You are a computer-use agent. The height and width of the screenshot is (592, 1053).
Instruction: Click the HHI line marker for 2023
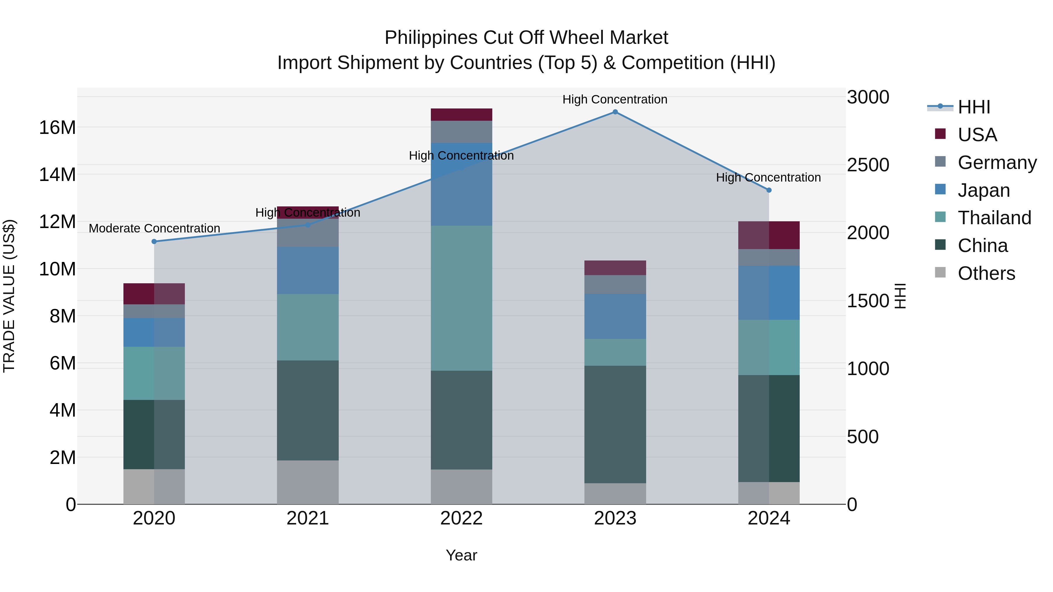(x=615, y=112)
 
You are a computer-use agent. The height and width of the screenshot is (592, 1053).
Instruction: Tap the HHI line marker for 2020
(x=154, y=241)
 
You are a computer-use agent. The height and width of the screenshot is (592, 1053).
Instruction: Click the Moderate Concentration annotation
(x=154, y=228)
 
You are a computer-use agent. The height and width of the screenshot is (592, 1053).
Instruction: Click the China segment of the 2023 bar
(x=615, y=424)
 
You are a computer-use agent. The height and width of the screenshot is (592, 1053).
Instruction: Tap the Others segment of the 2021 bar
(x=307, y=482)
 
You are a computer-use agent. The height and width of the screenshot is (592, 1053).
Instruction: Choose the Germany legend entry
(x=997, y=163)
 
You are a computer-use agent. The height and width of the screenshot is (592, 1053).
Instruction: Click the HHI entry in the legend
(x=974, y=107)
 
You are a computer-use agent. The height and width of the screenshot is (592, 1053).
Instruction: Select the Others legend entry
(x=986, y=273)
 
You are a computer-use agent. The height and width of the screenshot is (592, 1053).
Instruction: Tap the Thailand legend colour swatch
(x=940, y=217)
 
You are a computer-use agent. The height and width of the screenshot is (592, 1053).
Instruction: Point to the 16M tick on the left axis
(x=57, y=127)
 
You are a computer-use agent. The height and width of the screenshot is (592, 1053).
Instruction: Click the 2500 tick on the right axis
(x=868, y=165)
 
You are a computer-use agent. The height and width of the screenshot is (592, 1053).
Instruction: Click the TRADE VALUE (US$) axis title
(x=9, y=296)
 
